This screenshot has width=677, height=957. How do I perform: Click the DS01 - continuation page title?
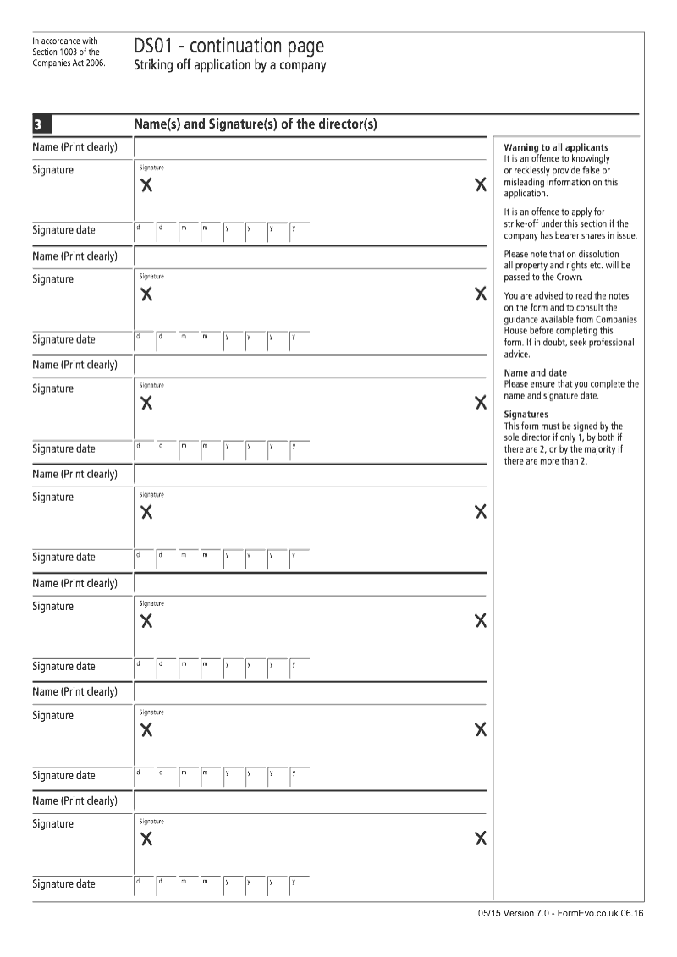point(228,46)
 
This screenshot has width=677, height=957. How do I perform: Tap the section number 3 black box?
point(39,125)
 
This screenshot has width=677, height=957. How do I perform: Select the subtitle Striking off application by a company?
point(229,65)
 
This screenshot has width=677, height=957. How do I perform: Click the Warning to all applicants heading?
point(555,147)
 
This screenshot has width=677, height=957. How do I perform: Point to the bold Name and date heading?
point(536,372)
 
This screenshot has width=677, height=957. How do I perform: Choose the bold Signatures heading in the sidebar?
point(526,414)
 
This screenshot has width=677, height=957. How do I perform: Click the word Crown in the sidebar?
point(568,277)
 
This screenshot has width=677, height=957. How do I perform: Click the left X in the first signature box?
point(146,185)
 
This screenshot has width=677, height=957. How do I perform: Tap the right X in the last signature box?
point(481,839)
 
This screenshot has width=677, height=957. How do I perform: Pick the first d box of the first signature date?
point(145,230)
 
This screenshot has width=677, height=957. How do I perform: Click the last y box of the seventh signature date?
point(300,884)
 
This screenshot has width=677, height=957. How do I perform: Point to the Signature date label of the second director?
point(63,339)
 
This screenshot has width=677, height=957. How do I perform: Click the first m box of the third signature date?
point(189,448)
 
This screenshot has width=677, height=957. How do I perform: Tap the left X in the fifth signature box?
point(146,621)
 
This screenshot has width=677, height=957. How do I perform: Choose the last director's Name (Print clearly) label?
point(74,800)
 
